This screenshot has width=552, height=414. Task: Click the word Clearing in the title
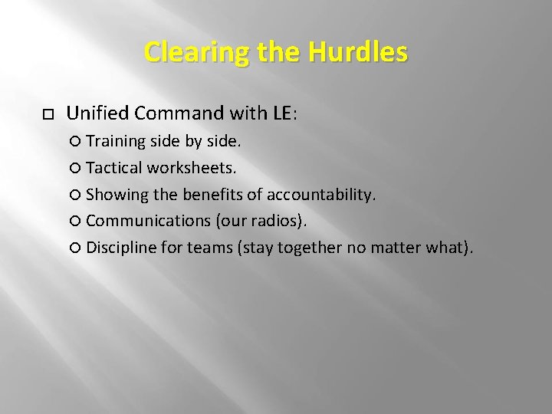(181, 52)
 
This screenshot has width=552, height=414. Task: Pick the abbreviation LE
(281, 114)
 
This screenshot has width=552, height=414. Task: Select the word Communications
(147, 221)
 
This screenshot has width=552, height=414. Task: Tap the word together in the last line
(313, 248)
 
